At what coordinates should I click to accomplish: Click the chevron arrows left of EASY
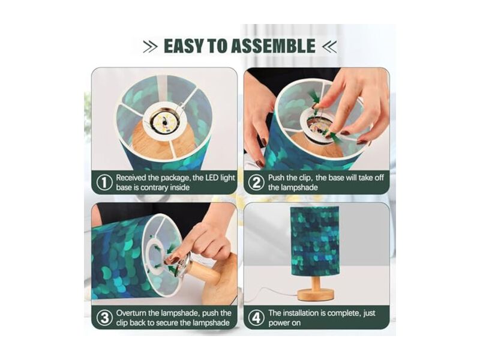click(x=151, y=47)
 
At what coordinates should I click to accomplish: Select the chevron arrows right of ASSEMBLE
click(x=329, y=47)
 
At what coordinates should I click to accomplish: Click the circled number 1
click(x=104, y=183)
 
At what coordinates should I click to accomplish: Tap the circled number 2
click(x=256, y=183)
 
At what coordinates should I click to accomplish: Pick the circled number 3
click(x=104, y=318)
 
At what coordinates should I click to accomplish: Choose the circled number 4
click(x=256, y=318)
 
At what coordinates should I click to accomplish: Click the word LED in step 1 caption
click(x=212, y=178)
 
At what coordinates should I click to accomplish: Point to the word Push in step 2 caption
click(x=276, y=178)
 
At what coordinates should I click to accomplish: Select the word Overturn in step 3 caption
click(x=131, y=313)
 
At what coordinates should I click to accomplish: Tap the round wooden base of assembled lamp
click(x=316, y=295)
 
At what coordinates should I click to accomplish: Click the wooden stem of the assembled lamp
click(x=316, y=281)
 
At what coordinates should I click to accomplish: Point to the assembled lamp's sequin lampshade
click(x=315, y=241)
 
